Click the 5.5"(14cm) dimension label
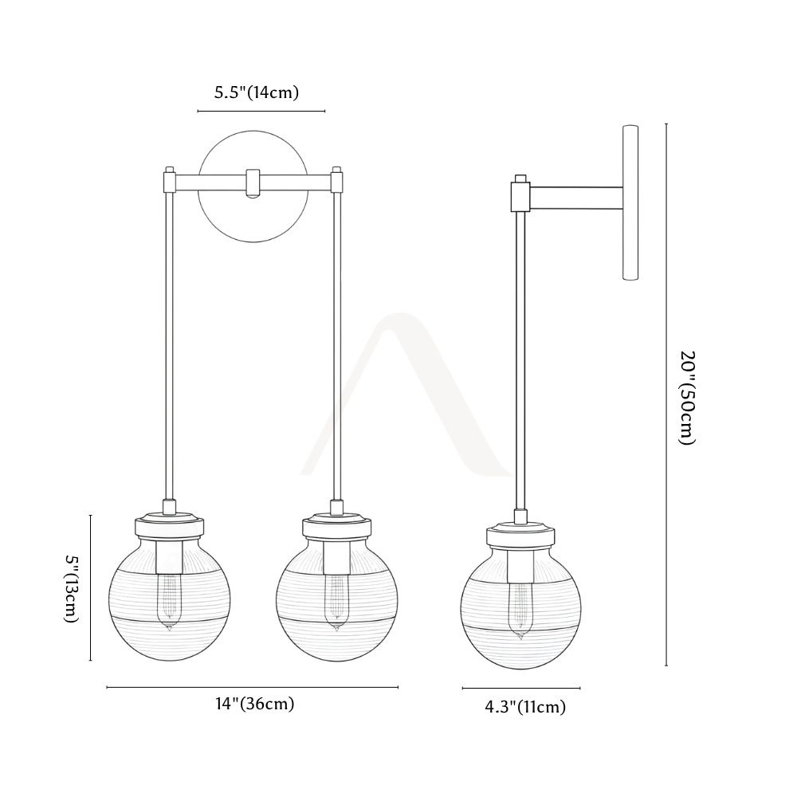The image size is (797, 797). [256, 92]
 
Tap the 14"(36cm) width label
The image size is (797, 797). [255, 704]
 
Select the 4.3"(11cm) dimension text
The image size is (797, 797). [525, 707]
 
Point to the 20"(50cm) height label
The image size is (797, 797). [687, 398]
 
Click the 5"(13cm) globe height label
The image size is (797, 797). [73, 588]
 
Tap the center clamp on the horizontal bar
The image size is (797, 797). [253, 183]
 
